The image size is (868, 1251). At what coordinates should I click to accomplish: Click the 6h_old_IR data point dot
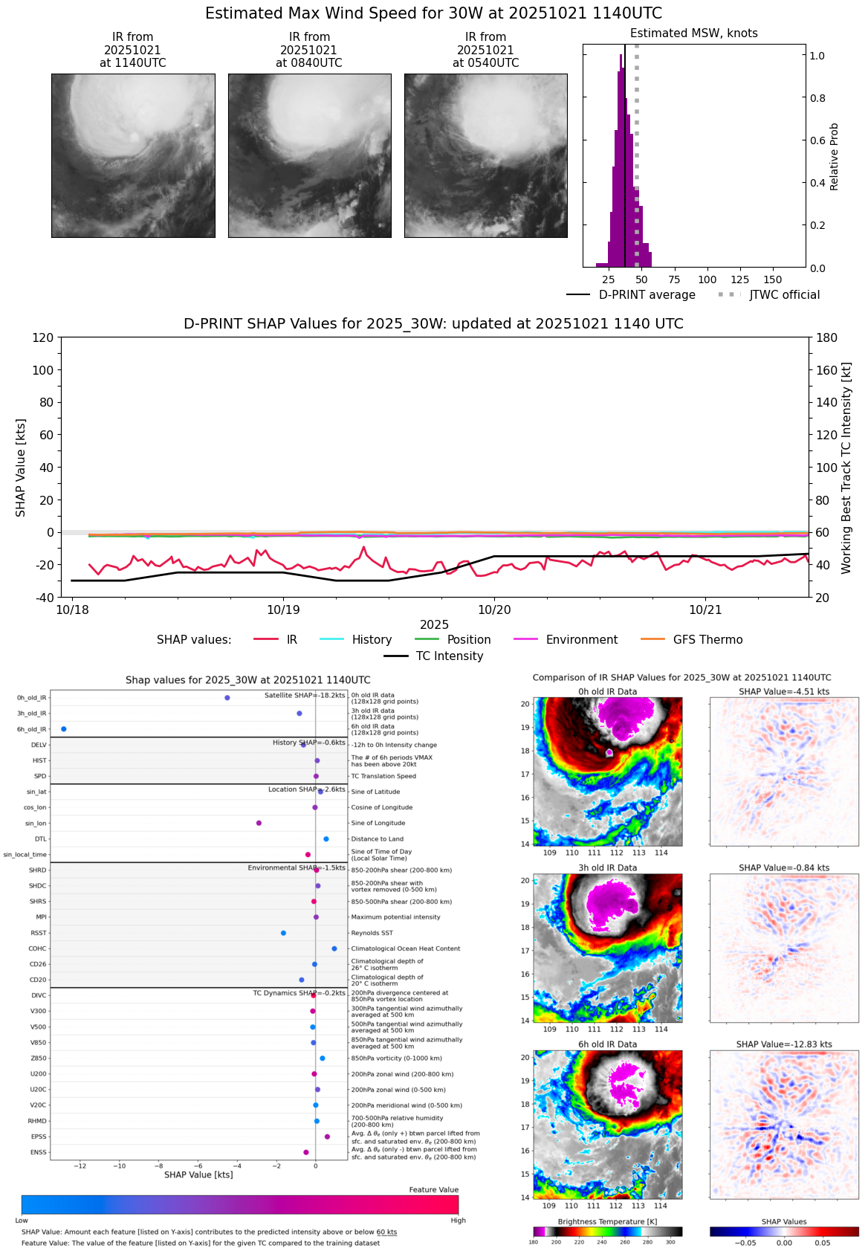[64, 729]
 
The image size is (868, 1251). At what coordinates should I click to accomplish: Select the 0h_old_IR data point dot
[227, 698]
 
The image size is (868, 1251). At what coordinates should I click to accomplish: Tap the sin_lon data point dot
[259, 823]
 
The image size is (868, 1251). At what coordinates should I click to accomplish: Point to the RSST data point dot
[283, 933]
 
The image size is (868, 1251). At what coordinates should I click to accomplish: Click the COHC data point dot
[334, 948]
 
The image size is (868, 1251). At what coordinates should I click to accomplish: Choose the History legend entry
[372, 640]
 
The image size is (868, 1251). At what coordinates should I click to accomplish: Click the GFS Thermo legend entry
[707, 640]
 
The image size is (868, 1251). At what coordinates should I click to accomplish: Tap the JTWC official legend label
[784, 295]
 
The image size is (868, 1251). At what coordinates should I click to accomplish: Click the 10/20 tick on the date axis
[494, 610]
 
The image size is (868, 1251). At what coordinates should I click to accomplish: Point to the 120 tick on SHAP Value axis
[43, 338]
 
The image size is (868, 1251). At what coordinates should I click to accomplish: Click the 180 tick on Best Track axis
[826, 338]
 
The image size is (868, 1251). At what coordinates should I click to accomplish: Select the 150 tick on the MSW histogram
[773, 280]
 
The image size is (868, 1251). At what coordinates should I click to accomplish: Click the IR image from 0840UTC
[309, 155]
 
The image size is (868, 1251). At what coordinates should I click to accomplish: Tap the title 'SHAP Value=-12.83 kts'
[784, 1044]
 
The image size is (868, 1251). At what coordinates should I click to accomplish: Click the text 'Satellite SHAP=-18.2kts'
[305, 696]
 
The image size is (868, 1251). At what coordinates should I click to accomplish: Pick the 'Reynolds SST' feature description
[372, 933]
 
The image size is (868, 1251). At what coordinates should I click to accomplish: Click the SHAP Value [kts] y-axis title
[21, 468]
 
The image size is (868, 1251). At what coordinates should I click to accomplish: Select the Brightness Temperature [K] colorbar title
[607, 1222]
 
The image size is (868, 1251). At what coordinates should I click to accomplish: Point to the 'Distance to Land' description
[377, 839]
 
